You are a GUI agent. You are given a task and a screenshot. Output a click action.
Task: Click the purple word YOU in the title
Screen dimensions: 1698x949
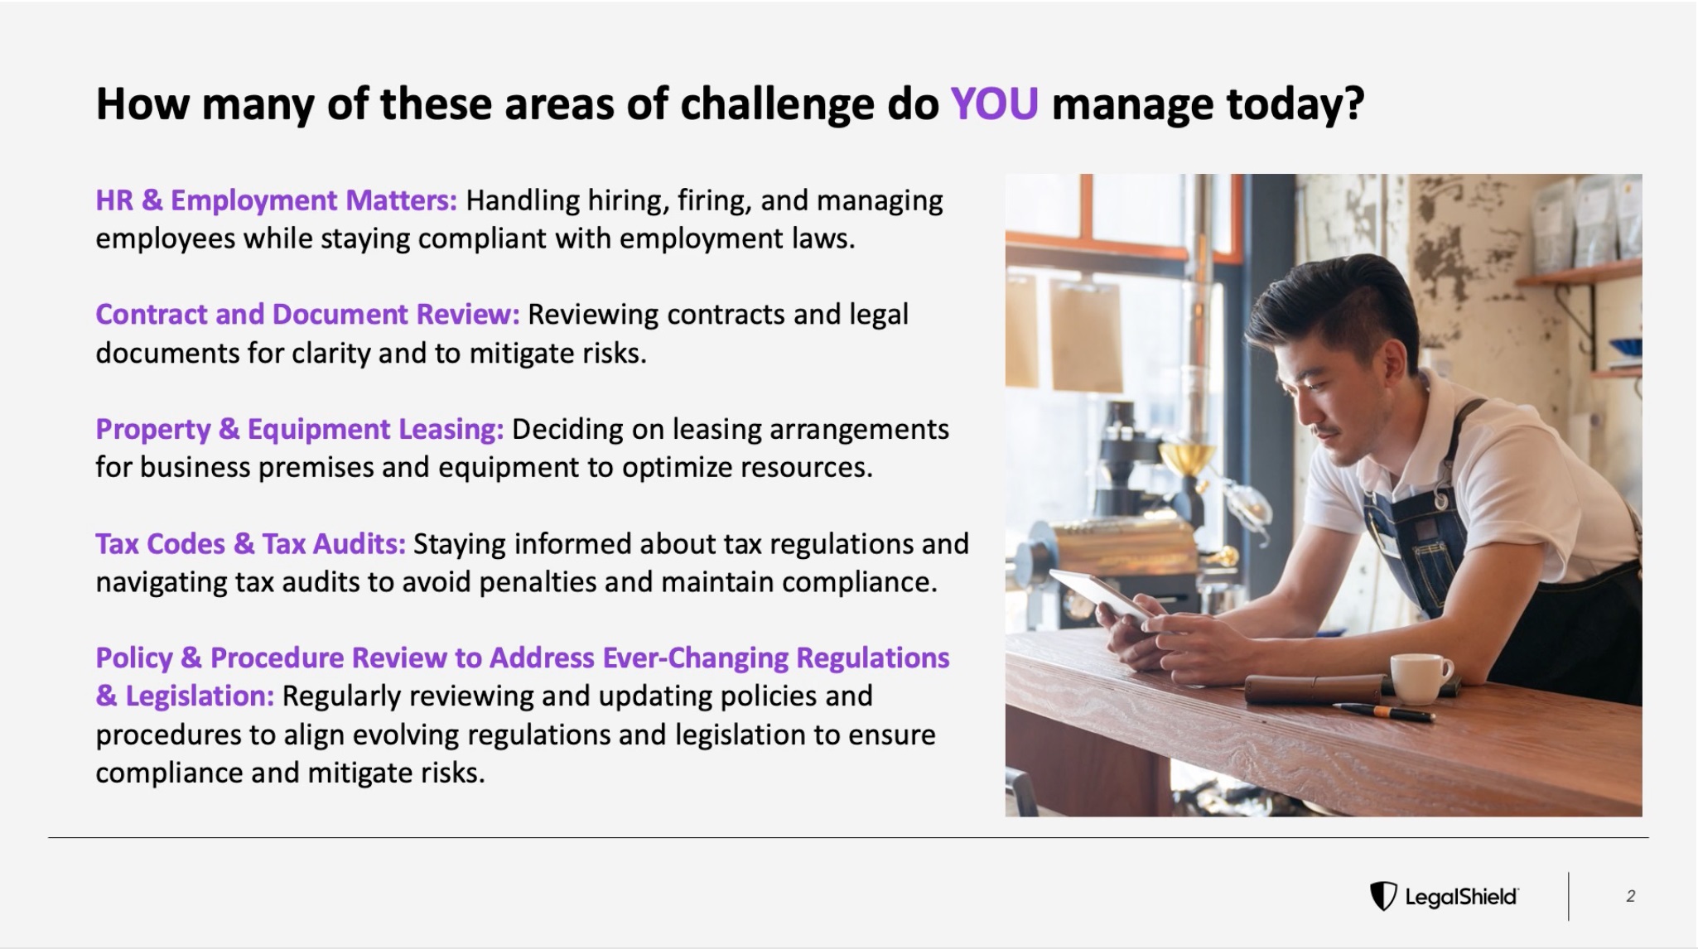[994, 104]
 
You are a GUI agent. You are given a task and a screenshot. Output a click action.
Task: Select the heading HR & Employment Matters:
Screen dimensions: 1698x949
[276, 200]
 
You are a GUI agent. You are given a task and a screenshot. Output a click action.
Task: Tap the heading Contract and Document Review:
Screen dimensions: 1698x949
[307, 315]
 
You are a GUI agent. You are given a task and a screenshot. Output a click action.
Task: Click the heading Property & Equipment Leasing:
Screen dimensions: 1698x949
[299, 429]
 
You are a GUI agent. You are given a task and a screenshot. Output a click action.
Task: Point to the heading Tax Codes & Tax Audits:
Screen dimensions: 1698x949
[250, 543]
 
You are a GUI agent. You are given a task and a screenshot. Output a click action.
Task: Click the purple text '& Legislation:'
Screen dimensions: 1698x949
[185, 696]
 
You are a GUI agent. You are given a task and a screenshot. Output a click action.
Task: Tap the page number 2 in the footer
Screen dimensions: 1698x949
[1630, 896]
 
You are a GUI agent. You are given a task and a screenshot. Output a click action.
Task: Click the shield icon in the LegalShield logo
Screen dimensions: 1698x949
[1382, 896]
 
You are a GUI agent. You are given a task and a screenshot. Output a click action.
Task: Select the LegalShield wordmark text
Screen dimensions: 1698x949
[1461, 897]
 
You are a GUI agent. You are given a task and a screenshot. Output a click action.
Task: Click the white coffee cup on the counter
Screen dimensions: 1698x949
[1420, 678]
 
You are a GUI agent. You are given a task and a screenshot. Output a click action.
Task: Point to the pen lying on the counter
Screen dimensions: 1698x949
[1382, 711]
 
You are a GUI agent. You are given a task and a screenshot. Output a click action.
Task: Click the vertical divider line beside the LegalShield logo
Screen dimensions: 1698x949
[1568, 896]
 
